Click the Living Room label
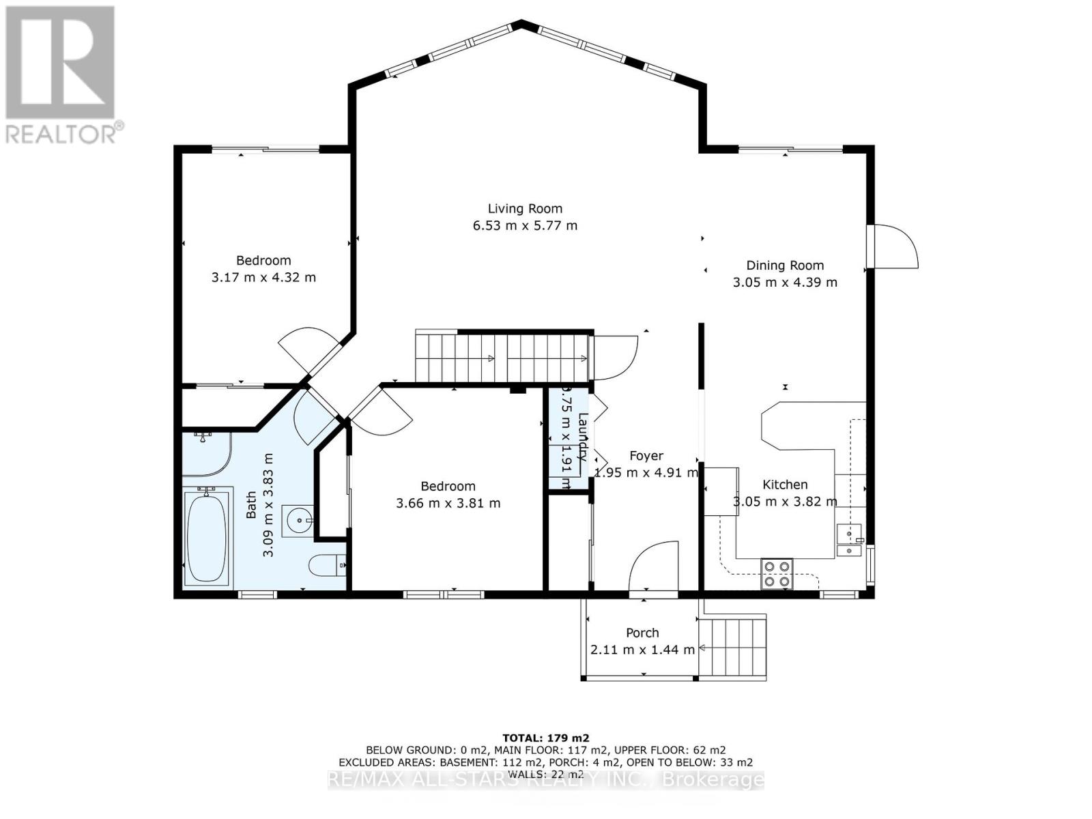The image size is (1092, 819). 525,209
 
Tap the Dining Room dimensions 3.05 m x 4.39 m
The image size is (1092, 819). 785,282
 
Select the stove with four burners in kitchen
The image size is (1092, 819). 777,573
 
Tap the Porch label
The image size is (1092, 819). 642,633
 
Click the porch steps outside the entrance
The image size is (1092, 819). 736,646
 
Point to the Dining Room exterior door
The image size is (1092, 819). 894,246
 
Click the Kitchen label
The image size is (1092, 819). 785,485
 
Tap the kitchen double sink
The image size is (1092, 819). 849,541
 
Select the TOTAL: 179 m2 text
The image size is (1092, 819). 545,738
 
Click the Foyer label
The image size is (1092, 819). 646,456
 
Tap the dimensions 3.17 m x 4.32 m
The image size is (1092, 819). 263,277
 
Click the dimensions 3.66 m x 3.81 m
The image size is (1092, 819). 448,503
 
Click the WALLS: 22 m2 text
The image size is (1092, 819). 545,774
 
